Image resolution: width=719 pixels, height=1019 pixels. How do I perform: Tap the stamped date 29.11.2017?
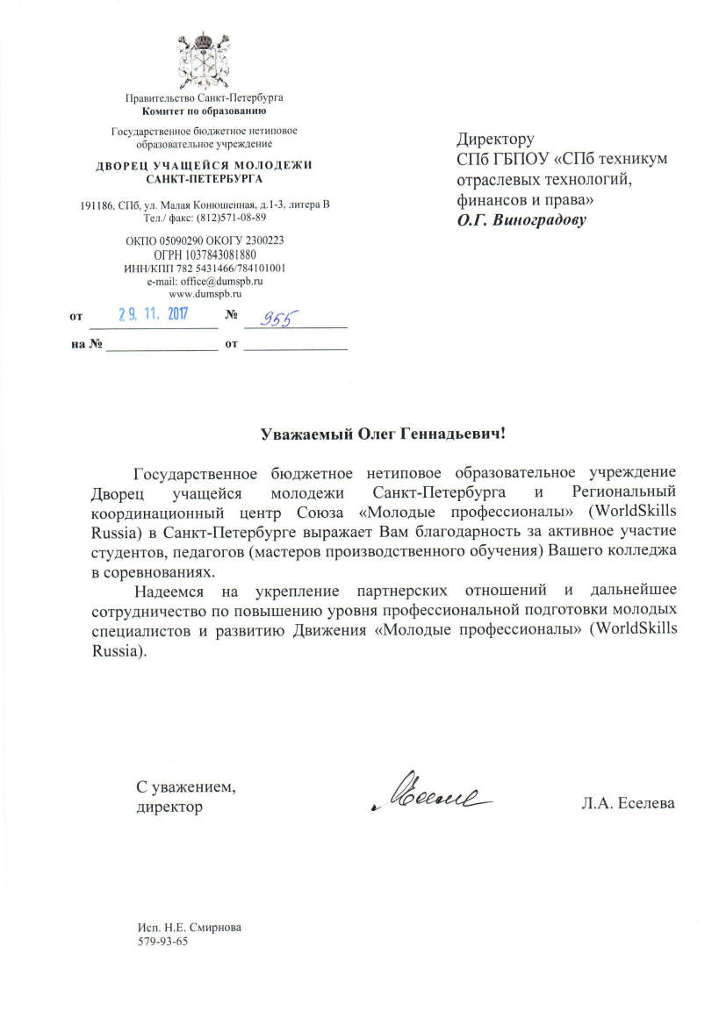(x=155, y=313)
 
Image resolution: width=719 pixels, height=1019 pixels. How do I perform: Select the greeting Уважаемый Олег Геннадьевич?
(x=385, y=434)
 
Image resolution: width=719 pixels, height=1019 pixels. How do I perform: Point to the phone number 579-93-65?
(x=163, y=942)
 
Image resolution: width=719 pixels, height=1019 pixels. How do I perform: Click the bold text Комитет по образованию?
(x=204, y=111)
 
